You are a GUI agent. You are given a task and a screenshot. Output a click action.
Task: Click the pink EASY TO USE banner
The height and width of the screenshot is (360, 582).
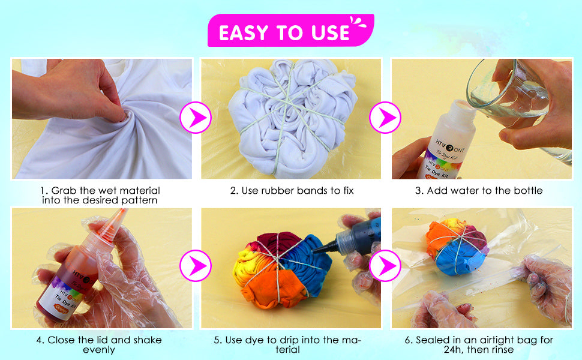point(290,31)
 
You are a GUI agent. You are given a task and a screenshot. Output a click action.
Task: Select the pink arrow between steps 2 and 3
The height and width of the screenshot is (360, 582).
point(385,118)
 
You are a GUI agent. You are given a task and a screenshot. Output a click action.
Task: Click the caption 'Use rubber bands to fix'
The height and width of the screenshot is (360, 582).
point(292,191)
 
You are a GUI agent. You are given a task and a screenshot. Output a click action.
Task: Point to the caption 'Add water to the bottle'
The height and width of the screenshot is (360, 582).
point(482,191)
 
